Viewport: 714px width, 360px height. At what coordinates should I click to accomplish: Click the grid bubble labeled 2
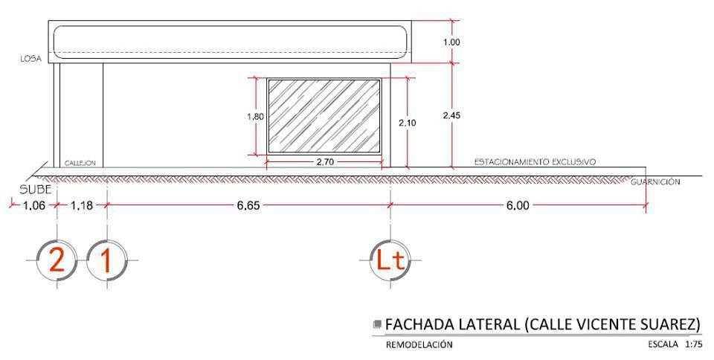tap(57, 260)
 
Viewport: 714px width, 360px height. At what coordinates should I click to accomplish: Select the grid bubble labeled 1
tap(106, 260)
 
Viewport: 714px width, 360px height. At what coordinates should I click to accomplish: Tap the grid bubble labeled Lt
tap(390, 260)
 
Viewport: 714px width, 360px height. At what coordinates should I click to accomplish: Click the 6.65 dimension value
tap(248, 206)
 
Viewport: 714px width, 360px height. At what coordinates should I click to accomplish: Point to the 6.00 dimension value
tap(518, 206)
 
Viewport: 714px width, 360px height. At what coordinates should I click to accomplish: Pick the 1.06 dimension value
tap(34, 206)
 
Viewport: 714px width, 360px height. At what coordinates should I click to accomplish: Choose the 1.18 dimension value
tap(82, 206)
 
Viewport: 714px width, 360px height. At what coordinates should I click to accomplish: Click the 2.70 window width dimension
tap(325, 162)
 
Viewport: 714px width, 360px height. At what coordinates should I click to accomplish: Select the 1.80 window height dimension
tap(255, 117)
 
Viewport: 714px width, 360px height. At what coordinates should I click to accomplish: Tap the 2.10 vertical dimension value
tap(407, 123)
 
